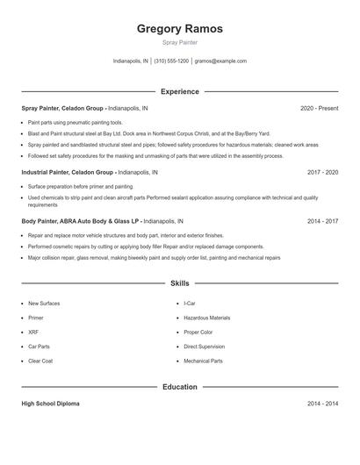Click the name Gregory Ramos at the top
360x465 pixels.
[179, 29]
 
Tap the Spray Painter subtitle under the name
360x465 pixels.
[179, 42]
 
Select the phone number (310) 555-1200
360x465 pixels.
[171, 61]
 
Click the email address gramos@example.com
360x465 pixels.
[220, 61]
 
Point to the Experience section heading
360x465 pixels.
[179, 91]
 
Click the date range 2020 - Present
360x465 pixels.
[319, 108]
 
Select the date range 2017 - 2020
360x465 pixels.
[322, 173]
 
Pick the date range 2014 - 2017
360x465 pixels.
[322, 222]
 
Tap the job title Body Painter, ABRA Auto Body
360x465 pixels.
[81, 222]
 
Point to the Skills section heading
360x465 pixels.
[179, 283]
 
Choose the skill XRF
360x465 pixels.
[33, 333]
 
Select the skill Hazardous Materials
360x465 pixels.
[206, 318]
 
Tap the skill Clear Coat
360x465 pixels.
[40, 361]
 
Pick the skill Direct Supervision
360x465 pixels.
[204, 347]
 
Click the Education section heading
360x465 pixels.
[179, 386]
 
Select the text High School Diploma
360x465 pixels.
[50, 404]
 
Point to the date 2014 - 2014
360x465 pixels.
[322, 404]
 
